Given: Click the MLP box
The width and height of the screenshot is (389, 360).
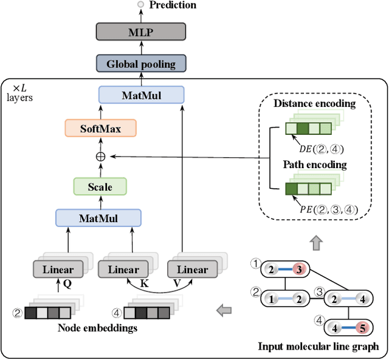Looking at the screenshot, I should [140, 32].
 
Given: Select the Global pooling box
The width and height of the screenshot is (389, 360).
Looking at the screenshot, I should [140, 63].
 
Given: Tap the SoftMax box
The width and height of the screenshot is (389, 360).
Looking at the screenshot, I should [100, 127].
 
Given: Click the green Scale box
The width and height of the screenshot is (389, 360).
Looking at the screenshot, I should [100, 186].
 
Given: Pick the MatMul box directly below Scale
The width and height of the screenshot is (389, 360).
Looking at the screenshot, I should [98, 218].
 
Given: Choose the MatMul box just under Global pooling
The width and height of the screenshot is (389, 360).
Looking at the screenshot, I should [140, 95].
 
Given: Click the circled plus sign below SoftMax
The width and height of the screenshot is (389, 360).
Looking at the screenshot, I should [100, 156].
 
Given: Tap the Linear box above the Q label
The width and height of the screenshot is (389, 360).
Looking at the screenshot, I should [58, 270].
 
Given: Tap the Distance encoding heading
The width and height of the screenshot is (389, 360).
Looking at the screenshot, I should [314, 103].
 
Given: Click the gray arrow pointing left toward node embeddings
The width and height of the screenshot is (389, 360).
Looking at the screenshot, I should [224, 311].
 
